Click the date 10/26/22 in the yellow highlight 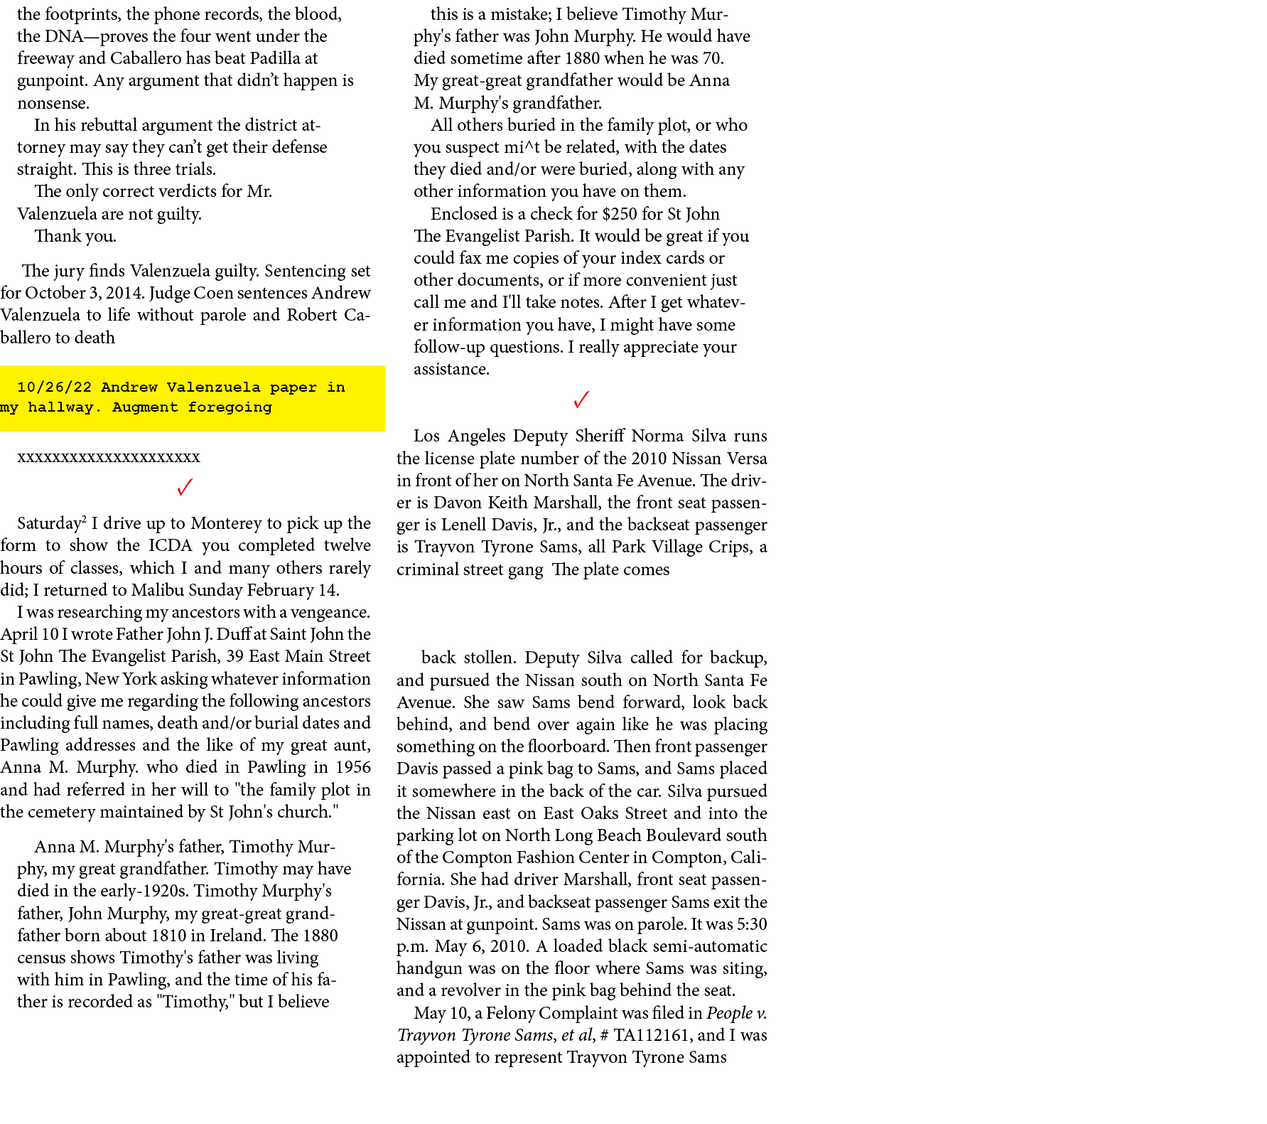click(x=54, y=387)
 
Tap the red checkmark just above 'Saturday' click(x=185, y=487)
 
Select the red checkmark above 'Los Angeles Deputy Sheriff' click(x=581, y=400)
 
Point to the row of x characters click(x=109, y=457)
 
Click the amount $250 click(x=620, y=214)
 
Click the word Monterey click(x=226, y=524)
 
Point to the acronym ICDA click(x=171, y=545)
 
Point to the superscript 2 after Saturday click(x=84, y=520)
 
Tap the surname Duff click(x=233, y=634)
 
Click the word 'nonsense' click(x=53, y=103)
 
